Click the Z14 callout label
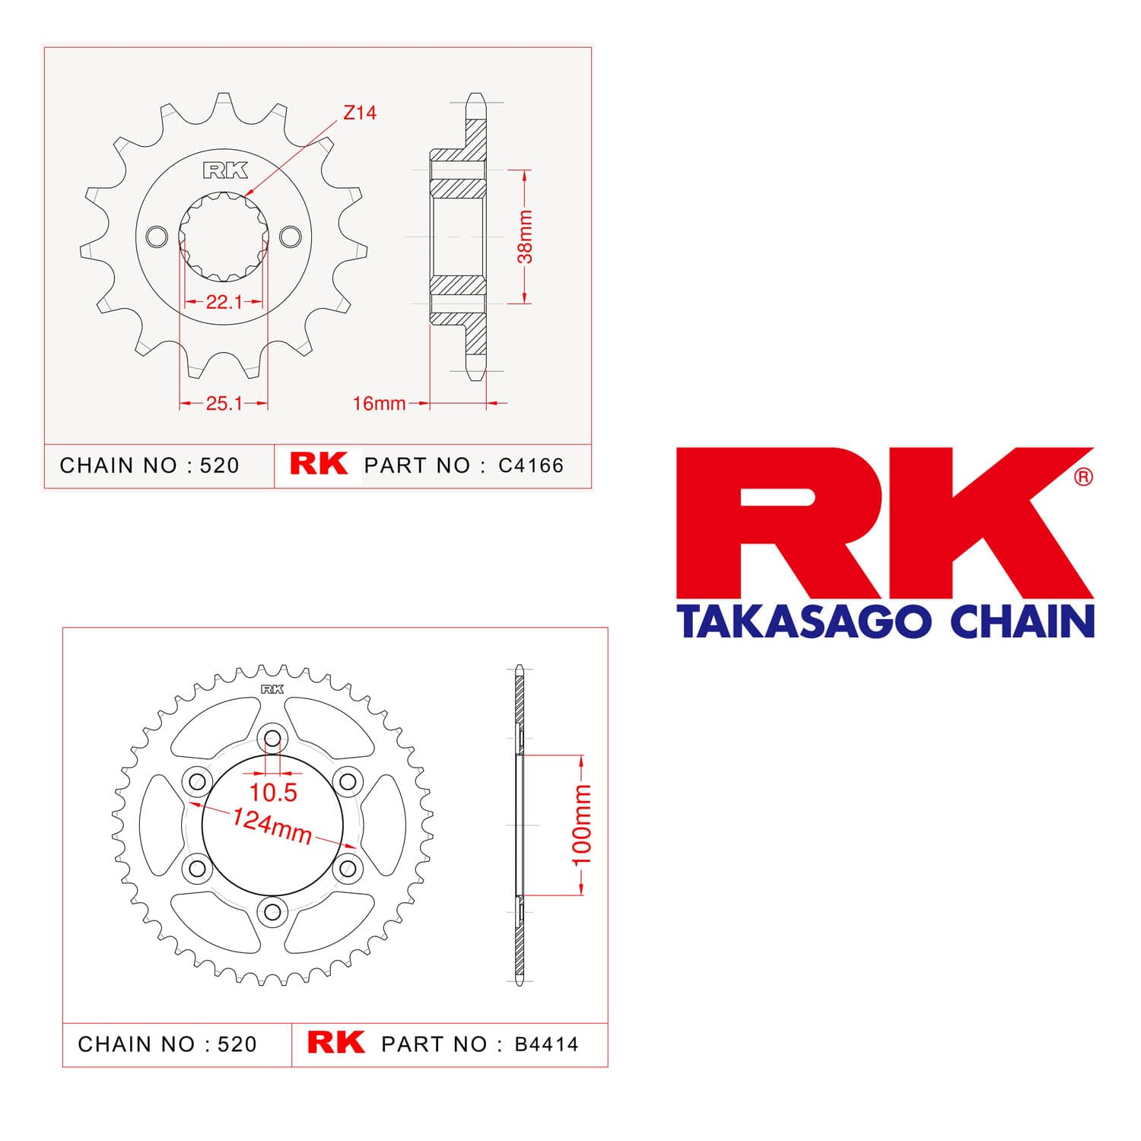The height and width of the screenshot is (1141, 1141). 360,113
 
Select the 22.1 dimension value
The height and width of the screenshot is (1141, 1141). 224,302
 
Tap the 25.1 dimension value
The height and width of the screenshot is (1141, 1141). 224,403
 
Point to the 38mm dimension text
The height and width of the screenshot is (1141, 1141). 525,237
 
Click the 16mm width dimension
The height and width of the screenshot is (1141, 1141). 379,403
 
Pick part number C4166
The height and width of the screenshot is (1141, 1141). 531,466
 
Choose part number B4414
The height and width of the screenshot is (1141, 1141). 546,1044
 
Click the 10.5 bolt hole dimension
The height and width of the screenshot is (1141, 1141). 273,793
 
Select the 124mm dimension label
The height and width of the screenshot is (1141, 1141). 272,826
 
